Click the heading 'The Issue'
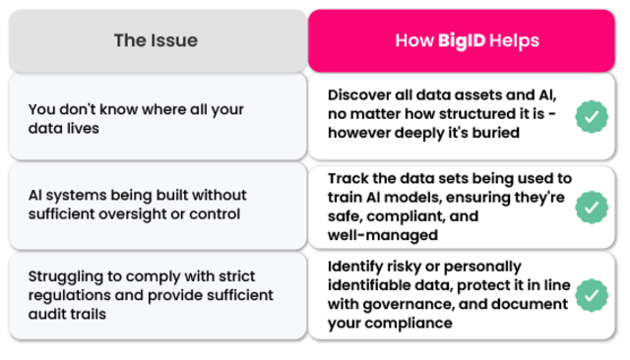(x=156, y=40)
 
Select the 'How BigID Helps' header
(x=467, y=40)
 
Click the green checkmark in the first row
(x=591, y=117)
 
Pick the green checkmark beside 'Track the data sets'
(x=591, y=207)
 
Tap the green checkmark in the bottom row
(x=591, y=295)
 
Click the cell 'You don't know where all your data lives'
(x=156, y=117)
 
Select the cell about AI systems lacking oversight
(x=156, y=207)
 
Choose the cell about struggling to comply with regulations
(x=156, y=295)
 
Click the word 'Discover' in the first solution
(x=360, y=96)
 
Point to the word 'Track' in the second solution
(x=349, y=178)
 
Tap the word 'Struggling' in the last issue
(x=60, y=276)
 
